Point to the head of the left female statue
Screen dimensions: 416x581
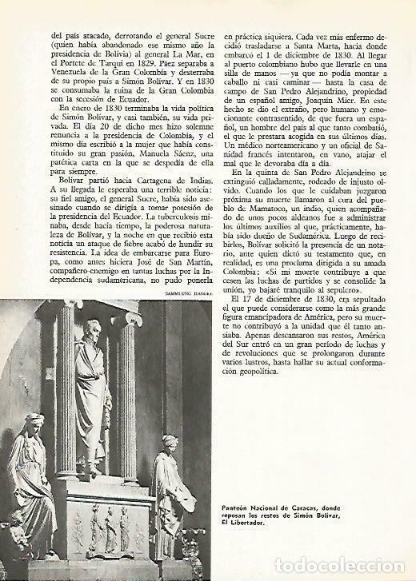pyautogui.click(x=36, y=423)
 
